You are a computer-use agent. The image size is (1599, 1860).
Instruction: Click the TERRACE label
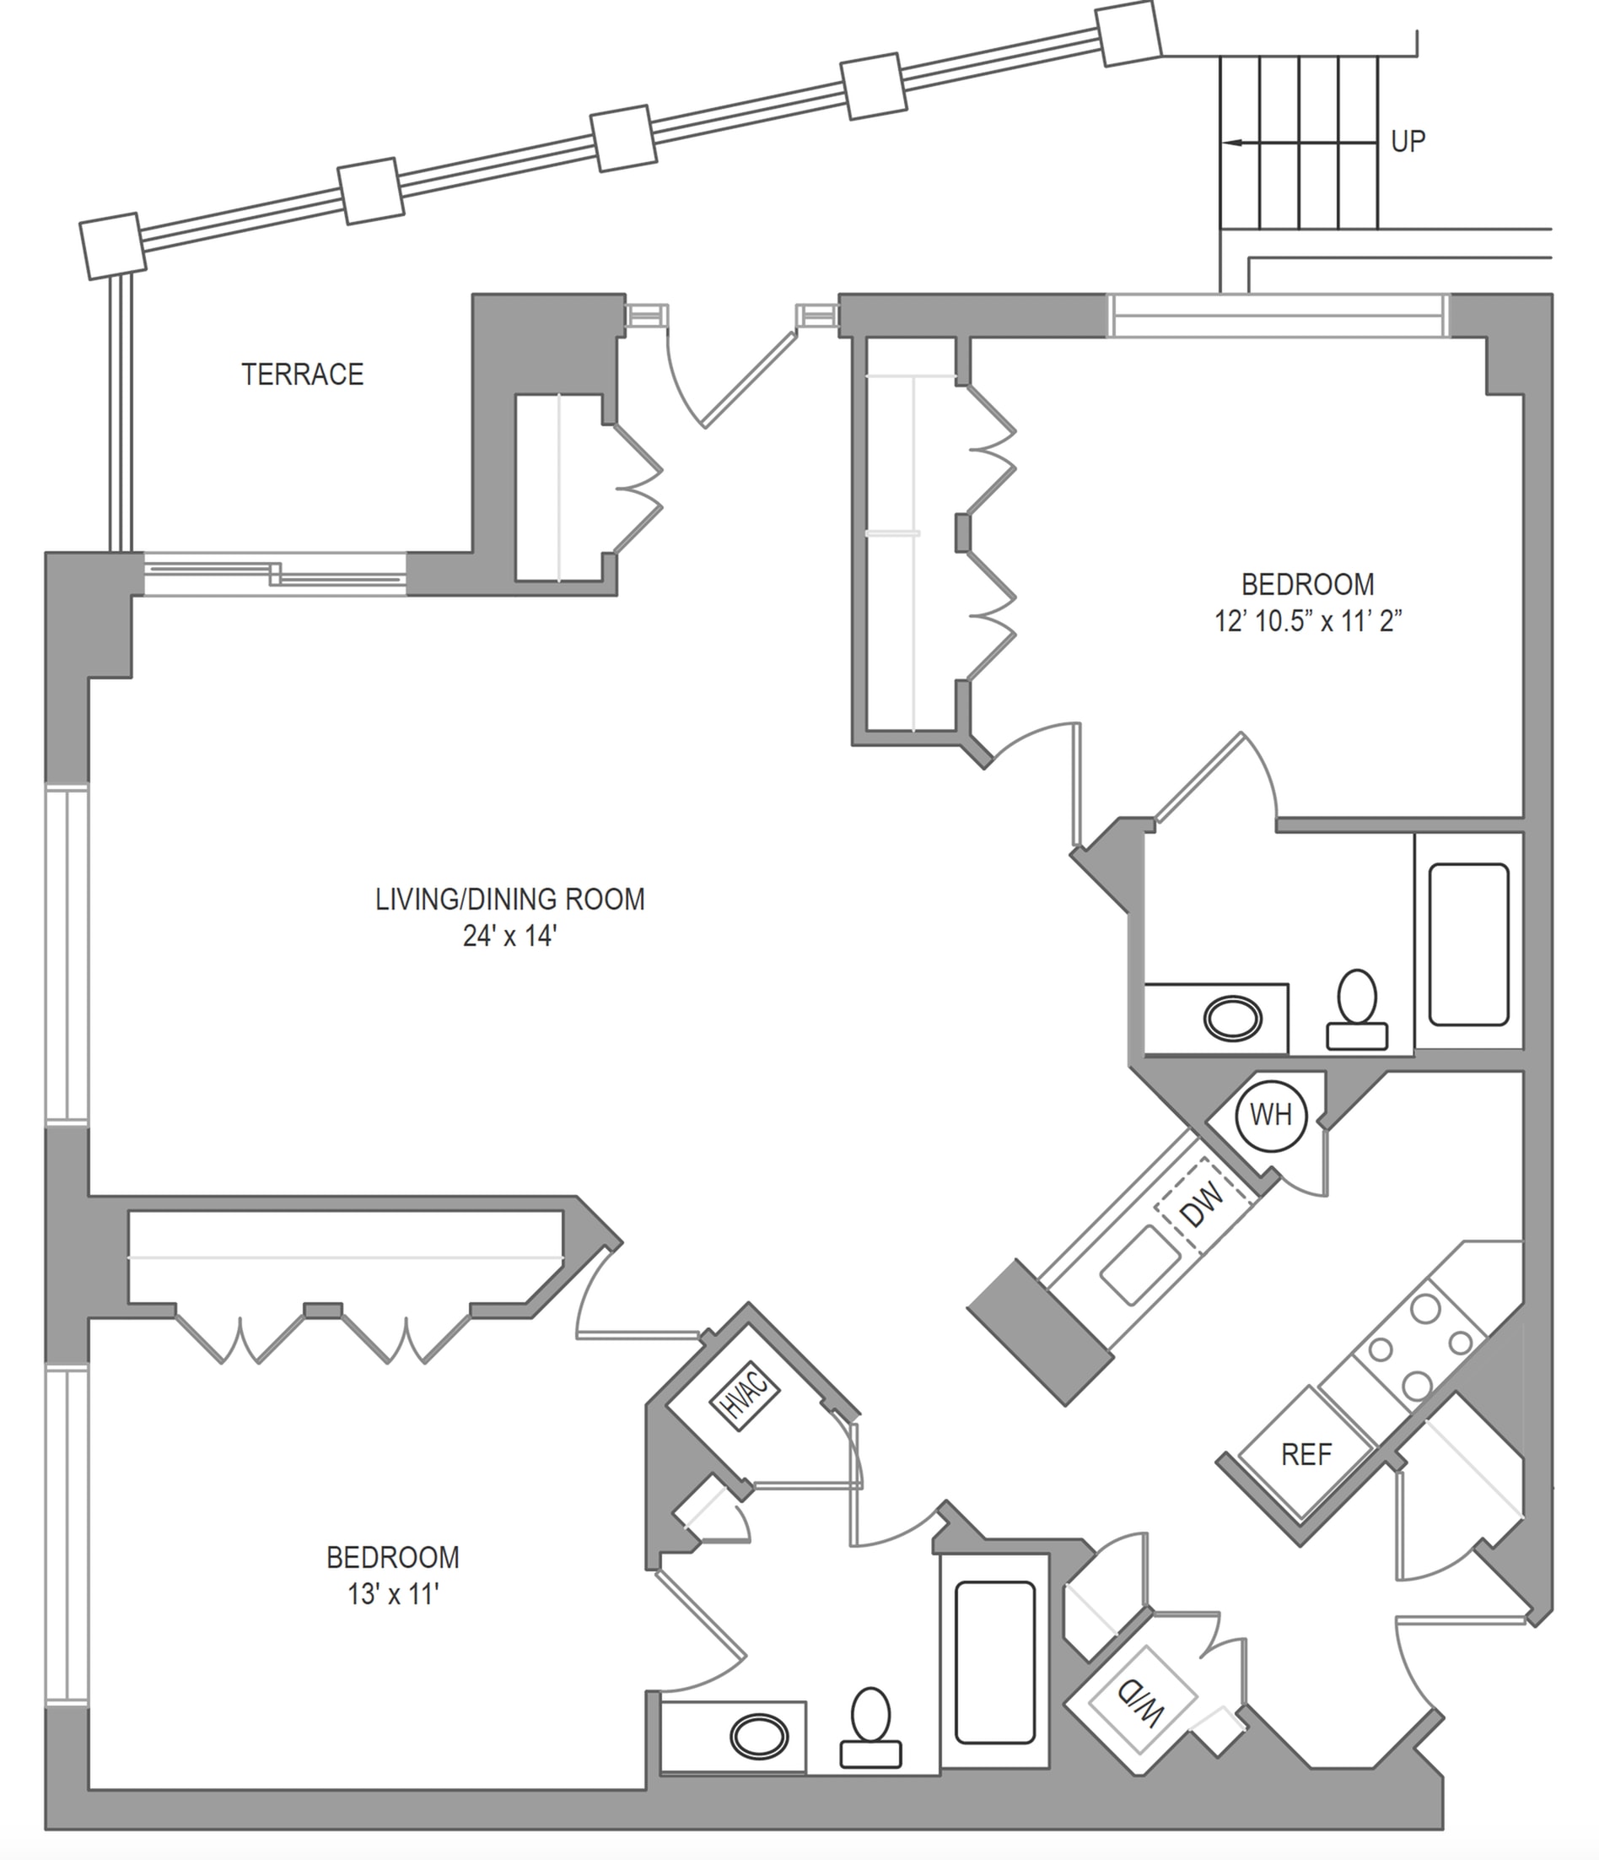303,375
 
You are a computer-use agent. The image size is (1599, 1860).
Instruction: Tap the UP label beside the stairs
1408,142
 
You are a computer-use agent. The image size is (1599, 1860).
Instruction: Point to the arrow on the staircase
1299,143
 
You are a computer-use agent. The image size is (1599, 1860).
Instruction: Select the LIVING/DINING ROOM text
509,900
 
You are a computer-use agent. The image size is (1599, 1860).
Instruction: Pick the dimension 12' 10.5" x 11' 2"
1307,621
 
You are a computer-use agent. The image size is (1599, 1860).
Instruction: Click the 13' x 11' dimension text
393,1594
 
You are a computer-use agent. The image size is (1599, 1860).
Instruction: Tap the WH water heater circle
1271,1116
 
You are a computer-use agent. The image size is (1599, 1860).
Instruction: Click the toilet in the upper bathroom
1357,1011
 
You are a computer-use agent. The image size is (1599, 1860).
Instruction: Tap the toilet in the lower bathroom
870,1729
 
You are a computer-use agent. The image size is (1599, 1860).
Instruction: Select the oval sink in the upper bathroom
1233,1019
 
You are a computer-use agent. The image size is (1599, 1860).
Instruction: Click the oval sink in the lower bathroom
759,1737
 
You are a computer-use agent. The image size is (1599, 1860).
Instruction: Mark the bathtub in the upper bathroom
1469,944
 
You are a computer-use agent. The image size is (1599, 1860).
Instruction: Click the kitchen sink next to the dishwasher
1140,1265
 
